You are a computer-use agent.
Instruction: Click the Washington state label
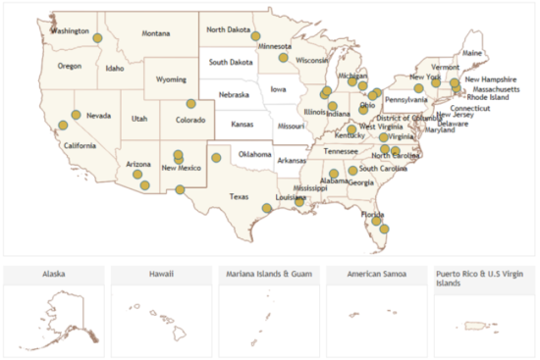coord(70,30)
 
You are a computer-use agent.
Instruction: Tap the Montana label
coord(155,33)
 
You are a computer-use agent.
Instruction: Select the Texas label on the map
coord(240,196)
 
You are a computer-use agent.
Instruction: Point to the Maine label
coord(472,53)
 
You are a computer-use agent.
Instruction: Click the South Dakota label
coord(230,62)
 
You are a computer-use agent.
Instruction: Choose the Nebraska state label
coord(234,95)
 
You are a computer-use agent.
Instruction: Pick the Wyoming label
coord(171,78)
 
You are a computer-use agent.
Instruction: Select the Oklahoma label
coord(254,154)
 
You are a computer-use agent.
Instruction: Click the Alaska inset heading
coord(52,274)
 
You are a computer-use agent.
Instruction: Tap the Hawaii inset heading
coord(159,274)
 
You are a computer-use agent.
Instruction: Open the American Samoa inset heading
coord(374,274)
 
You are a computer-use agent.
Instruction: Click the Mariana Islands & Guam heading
coord(268,274)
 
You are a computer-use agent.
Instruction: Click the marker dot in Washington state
coord(97,37)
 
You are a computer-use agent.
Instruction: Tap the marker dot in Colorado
coord(191,103)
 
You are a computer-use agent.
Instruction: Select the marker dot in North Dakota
coord(255,36)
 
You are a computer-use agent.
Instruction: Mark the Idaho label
coord(115,69)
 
